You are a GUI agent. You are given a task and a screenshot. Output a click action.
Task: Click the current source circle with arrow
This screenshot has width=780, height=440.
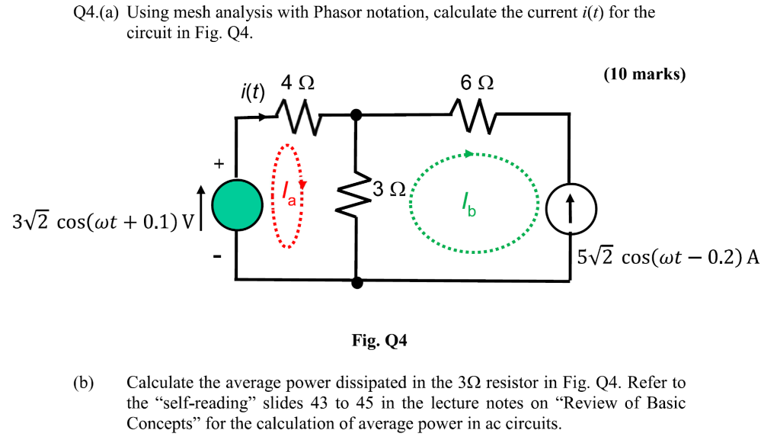(569, 207)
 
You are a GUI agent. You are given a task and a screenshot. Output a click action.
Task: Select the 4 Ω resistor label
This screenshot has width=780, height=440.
(297, 83)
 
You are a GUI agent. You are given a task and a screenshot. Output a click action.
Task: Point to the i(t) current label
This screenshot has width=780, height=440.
(250, 92)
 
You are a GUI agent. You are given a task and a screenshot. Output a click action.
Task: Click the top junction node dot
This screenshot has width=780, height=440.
(355, 115)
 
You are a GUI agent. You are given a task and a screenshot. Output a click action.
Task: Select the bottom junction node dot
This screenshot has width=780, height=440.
(355, 283)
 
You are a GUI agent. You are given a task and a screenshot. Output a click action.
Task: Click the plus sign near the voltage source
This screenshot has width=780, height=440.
(219, 163)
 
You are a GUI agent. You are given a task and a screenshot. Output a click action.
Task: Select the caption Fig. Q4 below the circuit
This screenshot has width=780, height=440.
(379, 341)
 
